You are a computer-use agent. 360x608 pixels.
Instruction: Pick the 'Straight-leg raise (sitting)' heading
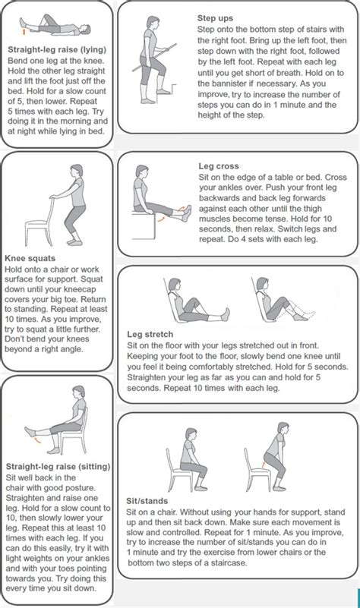pyautogui.click(x=58, y=466)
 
